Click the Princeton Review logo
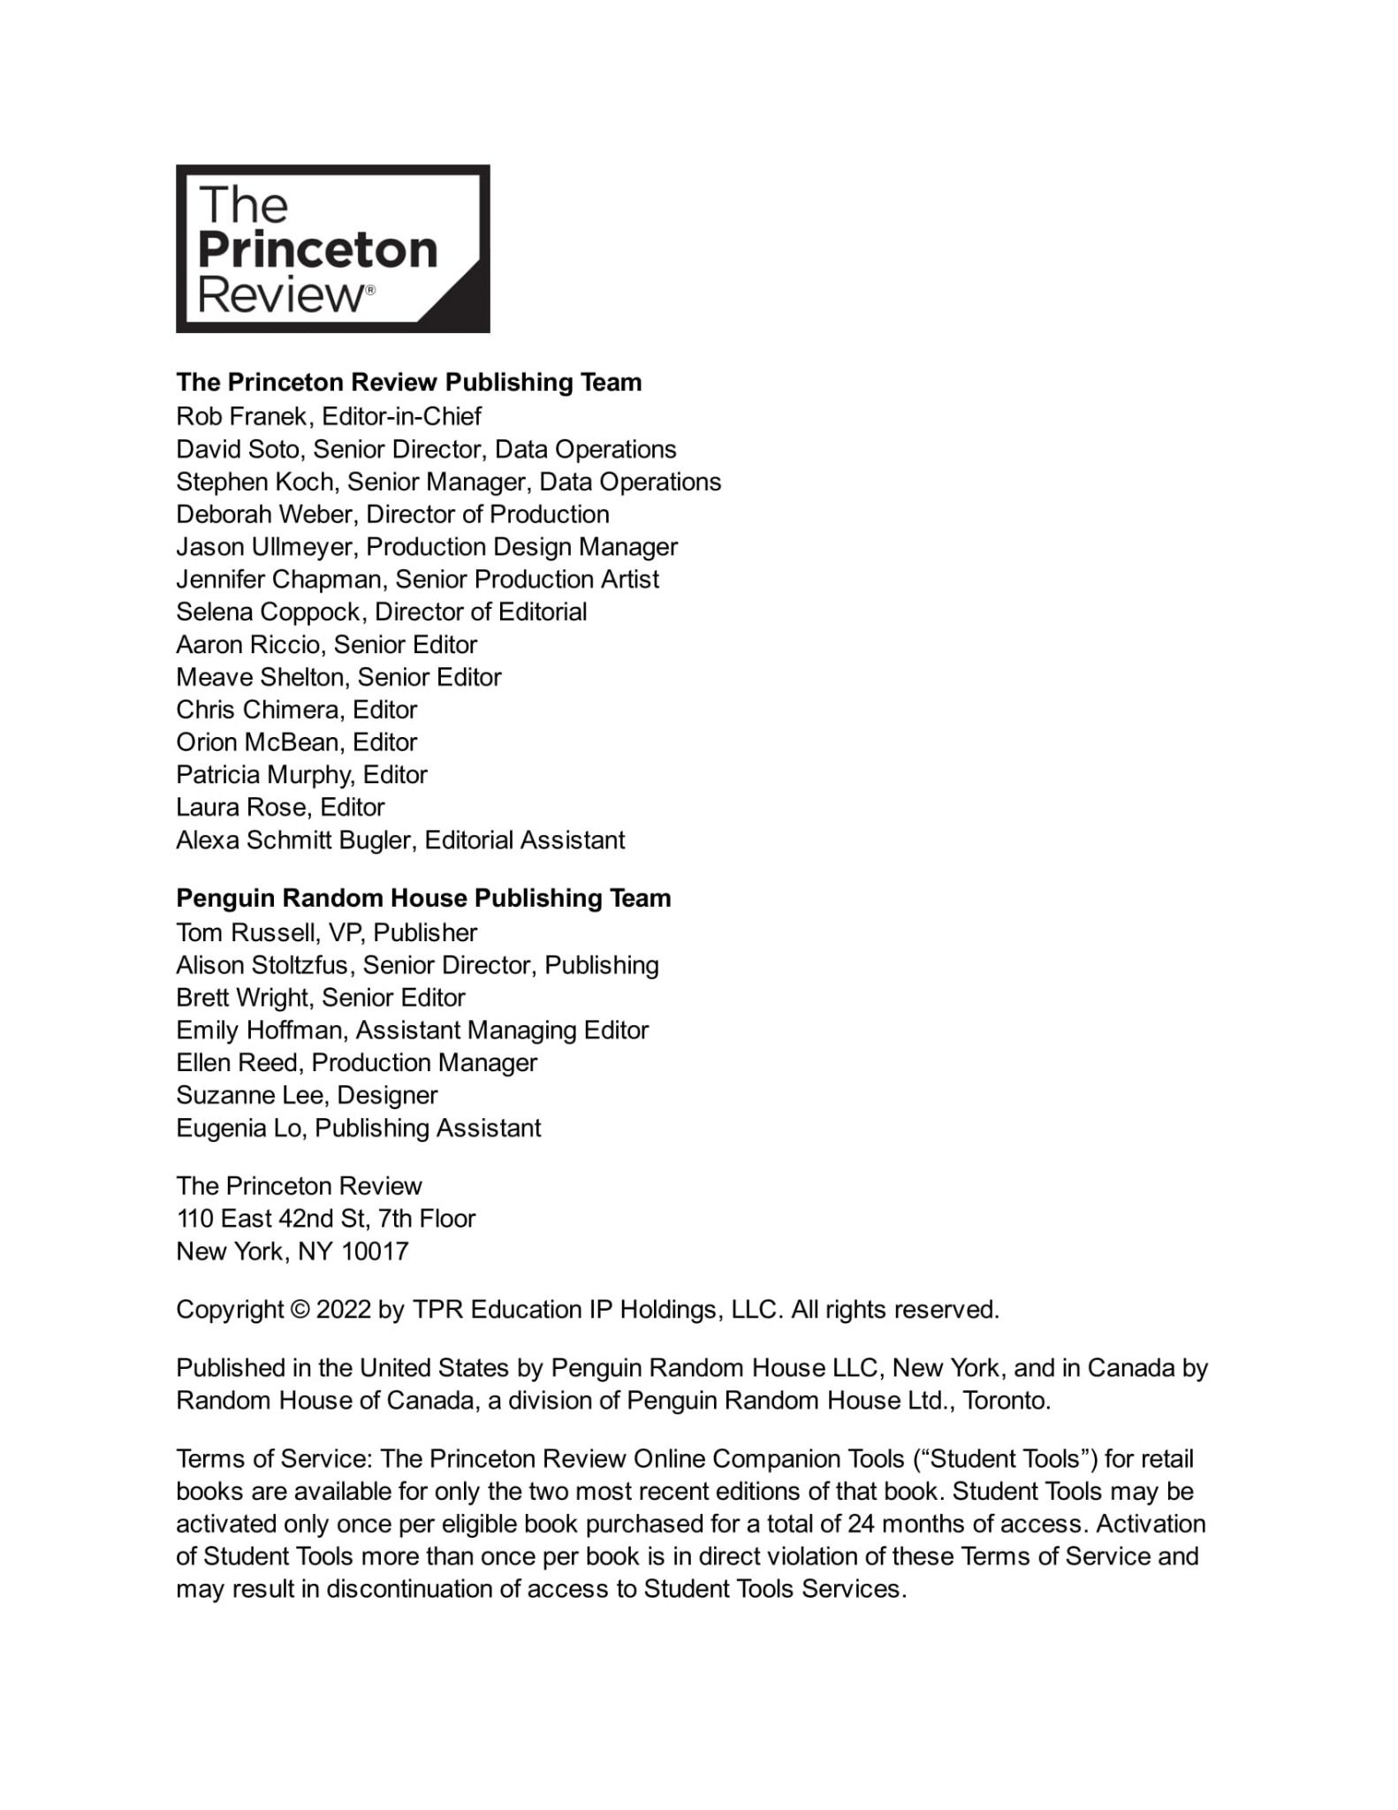pyautogui.click(x=332, y=248)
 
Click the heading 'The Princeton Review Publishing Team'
pyautogui.click(x=408, y=383)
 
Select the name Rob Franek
pyautogui.click(x=241, y=416)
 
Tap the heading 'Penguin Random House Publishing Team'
pyautogui.click(x=423, y=899)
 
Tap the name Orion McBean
pyautogui.click(x=257, y=742)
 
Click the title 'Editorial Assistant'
pyautogui.click(x=525, y=840)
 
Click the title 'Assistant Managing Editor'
pyautogui.click(x=502, y=1030)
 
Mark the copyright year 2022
pyautogui.click(x=343, y=1310)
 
